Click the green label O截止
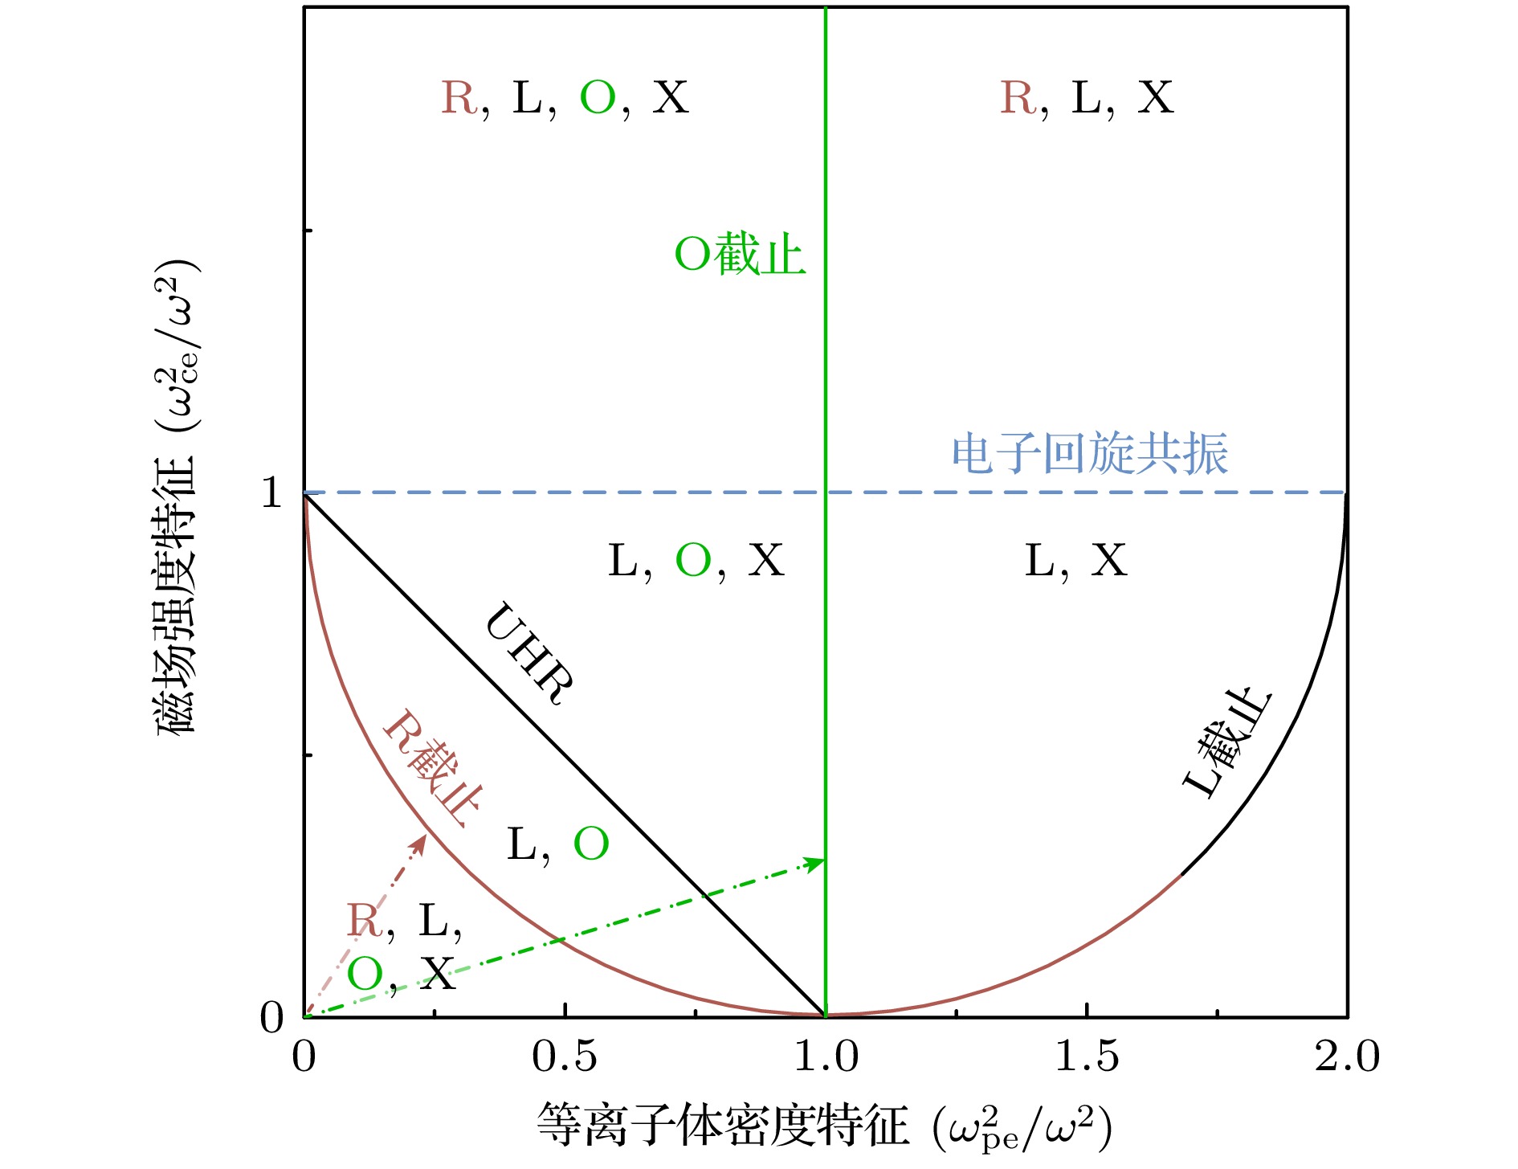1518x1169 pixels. coord(740,255)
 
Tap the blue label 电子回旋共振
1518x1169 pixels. coord(1090,454)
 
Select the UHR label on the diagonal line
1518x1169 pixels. coord(530,653)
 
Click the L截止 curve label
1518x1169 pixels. coord(1227,742)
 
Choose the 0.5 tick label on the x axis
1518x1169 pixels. coord(565,1057)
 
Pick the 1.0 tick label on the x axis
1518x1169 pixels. coord(826,1057)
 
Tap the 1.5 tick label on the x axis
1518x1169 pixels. coord(1087,1057)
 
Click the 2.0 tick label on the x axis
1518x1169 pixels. coord(1347,1057)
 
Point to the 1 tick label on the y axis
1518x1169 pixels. coord(271,492)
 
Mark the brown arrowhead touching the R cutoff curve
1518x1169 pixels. coord(420,844)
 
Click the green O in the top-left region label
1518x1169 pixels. coord(598,98)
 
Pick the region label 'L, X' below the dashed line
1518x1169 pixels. coord(1076,560)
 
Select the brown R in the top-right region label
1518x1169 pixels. coord(1018,98)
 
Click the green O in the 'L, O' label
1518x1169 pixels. coord(591,844)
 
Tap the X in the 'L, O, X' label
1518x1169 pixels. coord(765,560)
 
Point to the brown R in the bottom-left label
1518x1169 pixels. coord(364,920)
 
